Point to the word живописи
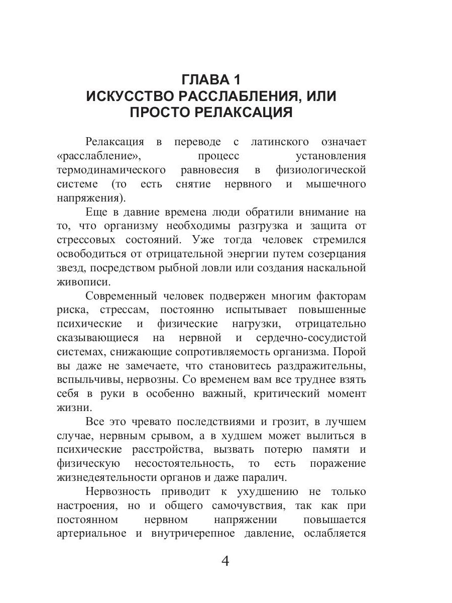pyautogui.click(x=82, y=282)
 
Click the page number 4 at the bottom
pyautogui.click(x=225, y=561)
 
